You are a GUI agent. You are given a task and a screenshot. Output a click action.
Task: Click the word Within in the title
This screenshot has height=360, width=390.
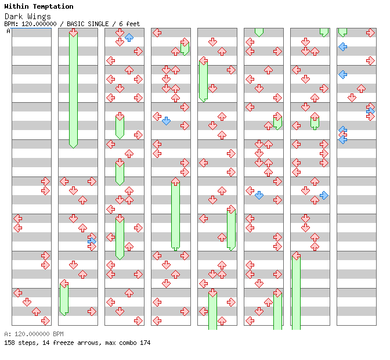pyautogui.click(x=16, y=6)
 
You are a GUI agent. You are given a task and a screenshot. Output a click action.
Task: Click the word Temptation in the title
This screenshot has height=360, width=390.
pyautogui.click(x=53, y=6)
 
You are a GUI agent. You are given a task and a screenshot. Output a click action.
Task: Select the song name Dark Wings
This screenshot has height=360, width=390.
pyautogui.click(x=27, y=16)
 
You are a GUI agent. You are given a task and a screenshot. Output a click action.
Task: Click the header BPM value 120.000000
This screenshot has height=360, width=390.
pyautogui.click(x=40, y=24)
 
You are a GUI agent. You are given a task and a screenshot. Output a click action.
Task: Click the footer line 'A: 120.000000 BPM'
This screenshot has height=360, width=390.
pyautogui.click(x=34, y=334)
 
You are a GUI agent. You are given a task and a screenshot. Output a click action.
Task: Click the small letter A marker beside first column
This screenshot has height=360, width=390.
pyautogui.click(x=8, y=31)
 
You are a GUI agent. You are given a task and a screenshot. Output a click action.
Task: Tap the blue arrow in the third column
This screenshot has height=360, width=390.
pyautogui.click(x=129, y=38)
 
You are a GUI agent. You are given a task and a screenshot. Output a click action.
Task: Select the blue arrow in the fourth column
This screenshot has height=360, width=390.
pyautogui.click(x=166, y=121)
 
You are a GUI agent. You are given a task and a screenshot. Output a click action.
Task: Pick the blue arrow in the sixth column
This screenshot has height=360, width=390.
pyautogui.click(x=259, y=195)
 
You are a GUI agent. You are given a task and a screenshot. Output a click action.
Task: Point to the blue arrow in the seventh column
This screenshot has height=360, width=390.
pyautogui.click(x=324, y=195)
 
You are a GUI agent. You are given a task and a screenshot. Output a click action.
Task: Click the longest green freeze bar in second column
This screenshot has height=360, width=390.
pyautogui.click(x=73, y=88)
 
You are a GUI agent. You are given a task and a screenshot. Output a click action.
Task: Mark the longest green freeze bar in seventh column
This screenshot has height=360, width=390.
pyautogui.click(x=296, y=290)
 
